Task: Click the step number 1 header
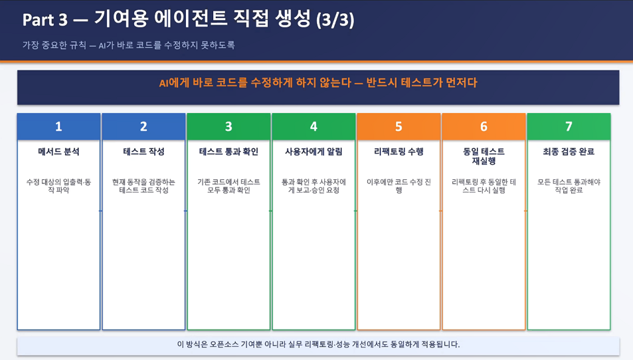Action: (x=58, y=127)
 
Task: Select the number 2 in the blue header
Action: (x=143, y=127)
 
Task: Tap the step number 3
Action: (x=228, y=127)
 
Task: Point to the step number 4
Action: (x=314, y=127)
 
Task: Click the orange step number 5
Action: (x=399, y=127)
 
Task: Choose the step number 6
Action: (x=484, y=127)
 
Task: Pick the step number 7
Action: (x=569, y=127)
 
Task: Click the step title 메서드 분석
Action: (x=58, y=151)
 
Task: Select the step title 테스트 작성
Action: (x=143, y=151)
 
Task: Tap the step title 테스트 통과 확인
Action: (x=228, y=151)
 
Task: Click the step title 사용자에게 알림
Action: (x=314, y=151)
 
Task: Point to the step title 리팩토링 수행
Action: (x=399, y=151)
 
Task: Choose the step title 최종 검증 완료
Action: (x=569, y=151)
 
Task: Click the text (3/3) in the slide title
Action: (x=335, y=20)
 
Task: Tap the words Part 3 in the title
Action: (x=45, y=20)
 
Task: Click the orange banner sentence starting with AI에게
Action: (x=318, y=83)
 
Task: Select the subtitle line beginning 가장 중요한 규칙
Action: (x=128, y=45)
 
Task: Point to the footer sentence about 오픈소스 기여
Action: (x=318, y=344)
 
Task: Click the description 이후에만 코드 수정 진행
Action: (x=399, y=186)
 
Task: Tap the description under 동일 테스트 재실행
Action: (x=484, y=186)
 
